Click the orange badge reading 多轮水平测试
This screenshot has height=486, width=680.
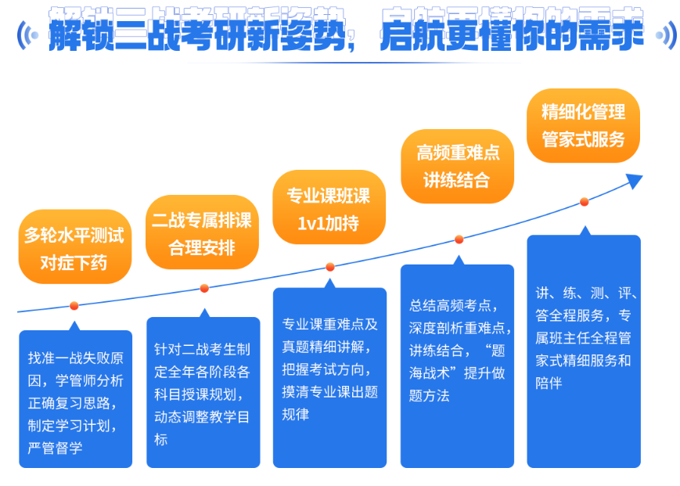tap(75, 247)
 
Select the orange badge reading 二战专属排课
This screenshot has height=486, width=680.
tap(202, 232)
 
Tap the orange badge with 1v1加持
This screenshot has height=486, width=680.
tap(329, 207)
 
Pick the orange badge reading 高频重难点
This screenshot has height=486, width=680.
tap(458, 166)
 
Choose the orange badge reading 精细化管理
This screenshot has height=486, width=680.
tap(583, 126)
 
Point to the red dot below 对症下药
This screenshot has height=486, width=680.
tap(74, 306)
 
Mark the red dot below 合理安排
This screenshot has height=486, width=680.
tap(204, 288)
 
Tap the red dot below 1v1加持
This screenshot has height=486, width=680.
tap(330, 267)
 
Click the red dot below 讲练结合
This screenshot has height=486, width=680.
tap(459, 239)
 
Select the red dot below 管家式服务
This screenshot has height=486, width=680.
tap(585, 202)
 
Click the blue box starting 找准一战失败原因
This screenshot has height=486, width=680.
tap(75, 399)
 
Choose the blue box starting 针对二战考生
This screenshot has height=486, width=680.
tap(203, 392)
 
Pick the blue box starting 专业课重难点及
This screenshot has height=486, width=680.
tap(329, 377)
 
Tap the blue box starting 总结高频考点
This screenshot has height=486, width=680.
tap(457, 365)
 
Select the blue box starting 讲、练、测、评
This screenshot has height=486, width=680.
tap(584, 351)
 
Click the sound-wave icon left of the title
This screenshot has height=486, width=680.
tap(27, 34)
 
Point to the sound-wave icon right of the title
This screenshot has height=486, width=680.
tap(665, 34)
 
